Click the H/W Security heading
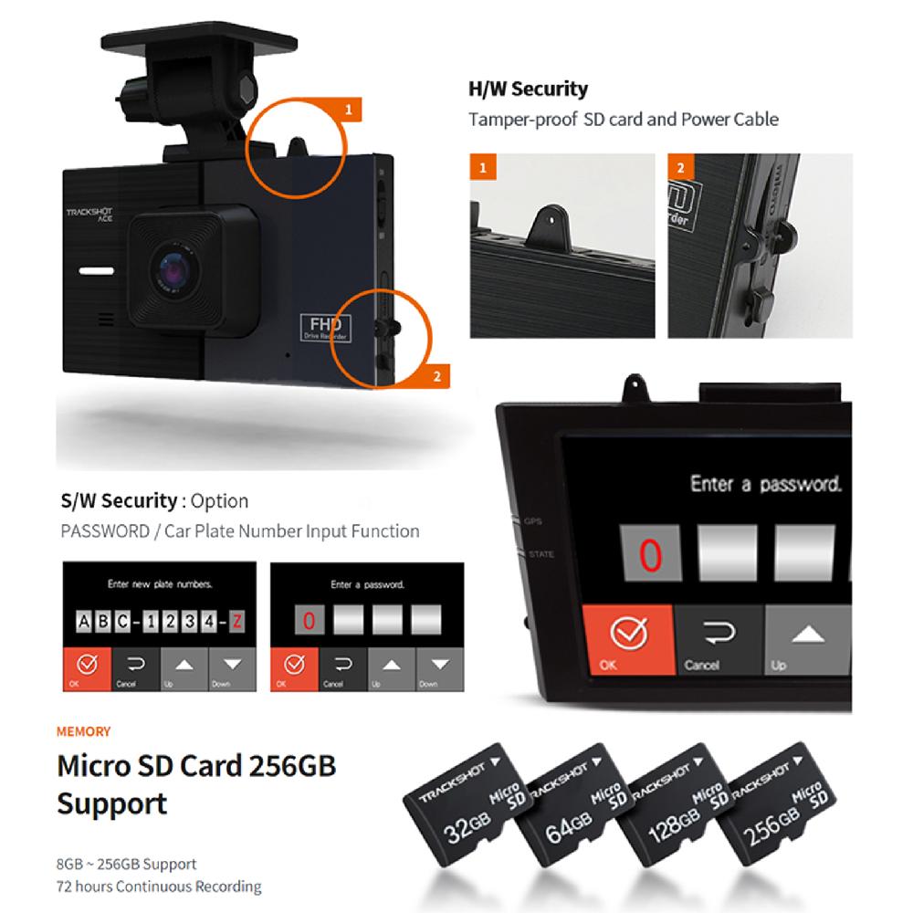coord(528,89)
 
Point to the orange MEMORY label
coord(83,731)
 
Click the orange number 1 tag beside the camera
coord(347,111)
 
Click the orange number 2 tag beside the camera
coord(436,375)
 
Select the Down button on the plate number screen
coord(233,668)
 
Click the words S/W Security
coord(118,501)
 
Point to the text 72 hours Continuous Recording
coord(159,886)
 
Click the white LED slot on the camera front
coord(95,271)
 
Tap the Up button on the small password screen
coord(391,668)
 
